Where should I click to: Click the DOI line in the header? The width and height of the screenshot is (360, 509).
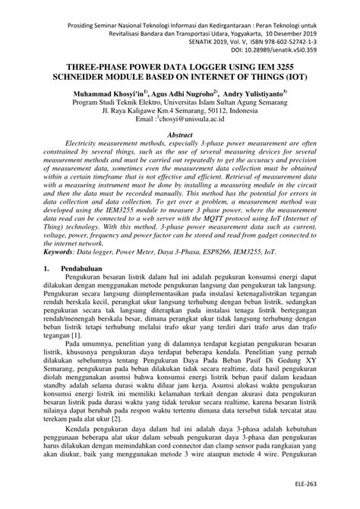pos(292,46)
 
